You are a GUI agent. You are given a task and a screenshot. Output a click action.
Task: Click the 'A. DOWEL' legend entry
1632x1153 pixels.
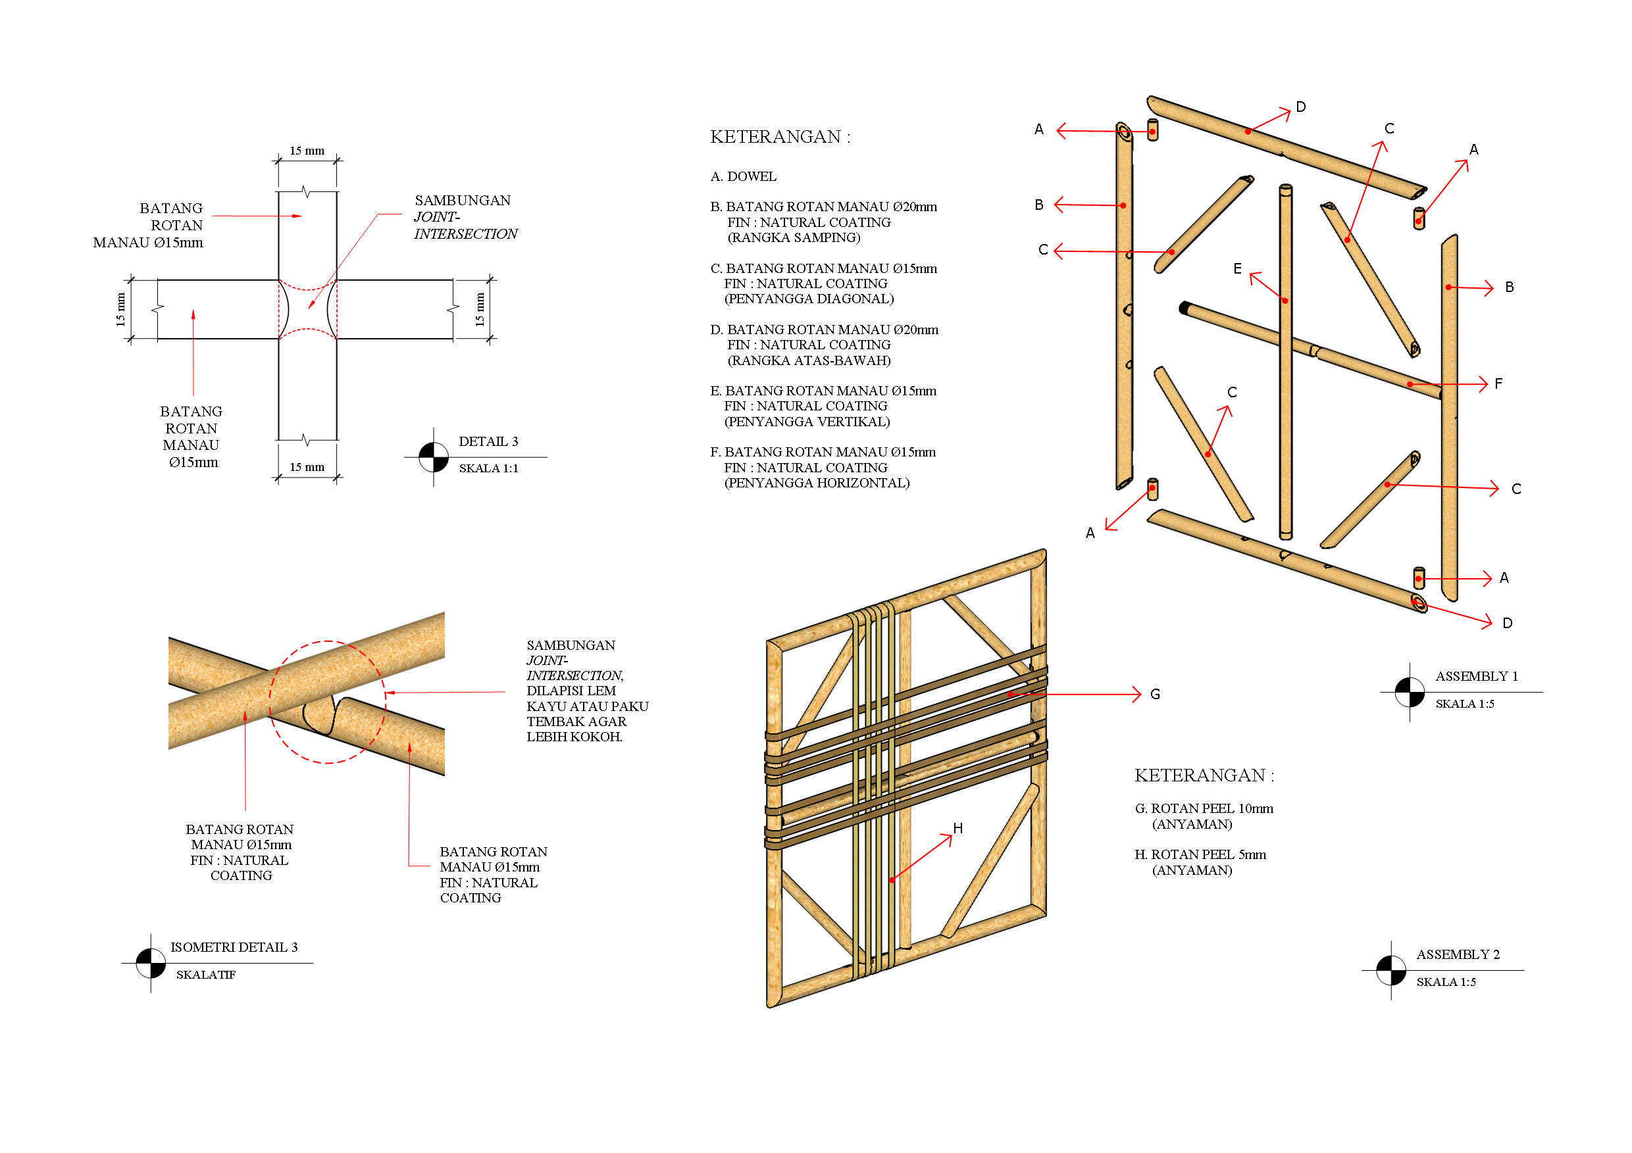pos(743,176)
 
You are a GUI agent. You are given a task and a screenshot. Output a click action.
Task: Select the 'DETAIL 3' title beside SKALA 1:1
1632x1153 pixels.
pos(488,441)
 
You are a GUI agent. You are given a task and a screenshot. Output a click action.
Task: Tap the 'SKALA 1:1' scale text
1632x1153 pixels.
pos(488,468)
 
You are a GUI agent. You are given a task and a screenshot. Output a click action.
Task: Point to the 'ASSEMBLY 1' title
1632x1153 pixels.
pos(1476,675)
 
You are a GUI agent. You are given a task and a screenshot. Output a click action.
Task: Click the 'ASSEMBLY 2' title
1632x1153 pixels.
pos(1458,954)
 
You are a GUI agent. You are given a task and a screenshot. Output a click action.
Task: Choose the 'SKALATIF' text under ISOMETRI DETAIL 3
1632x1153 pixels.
pos(205,975)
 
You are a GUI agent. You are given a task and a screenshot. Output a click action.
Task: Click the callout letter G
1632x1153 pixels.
pos(1155,694)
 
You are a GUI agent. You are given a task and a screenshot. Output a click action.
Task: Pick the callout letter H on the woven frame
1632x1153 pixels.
pos(958,828)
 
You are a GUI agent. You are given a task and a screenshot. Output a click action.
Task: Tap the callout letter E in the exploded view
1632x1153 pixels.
pos(1238,268)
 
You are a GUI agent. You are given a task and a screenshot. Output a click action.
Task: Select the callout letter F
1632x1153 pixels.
pos(1498,383)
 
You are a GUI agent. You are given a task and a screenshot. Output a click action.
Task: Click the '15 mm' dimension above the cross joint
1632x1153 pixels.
pos(307,151)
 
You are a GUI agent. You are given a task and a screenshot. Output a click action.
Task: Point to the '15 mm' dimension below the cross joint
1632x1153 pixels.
pos(307,467)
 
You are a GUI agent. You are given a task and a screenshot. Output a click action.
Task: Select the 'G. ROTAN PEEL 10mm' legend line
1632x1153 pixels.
pos(1204,808)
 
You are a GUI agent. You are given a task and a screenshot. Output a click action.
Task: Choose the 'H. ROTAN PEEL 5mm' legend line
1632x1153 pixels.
pos(1200,854)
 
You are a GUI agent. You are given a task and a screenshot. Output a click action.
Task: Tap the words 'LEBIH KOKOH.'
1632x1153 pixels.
pos(574,737)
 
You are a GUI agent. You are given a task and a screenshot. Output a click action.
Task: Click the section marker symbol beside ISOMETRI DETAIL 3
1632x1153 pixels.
pos(151,964)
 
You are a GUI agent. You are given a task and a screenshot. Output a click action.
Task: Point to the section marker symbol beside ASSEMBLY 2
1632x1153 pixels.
pos(1391,970)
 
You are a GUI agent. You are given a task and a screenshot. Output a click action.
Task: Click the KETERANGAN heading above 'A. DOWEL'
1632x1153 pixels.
pos(780,136)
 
